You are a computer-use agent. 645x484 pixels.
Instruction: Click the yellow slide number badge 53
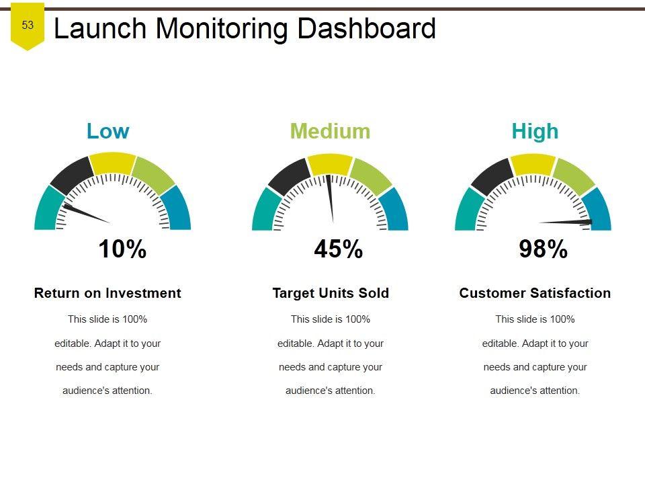click(28, 26)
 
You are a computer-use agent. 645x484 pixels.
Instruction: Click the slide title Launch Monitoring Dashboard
click(245, 29)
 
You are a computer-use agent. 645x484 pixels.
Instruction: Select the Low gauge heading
click(107, 131)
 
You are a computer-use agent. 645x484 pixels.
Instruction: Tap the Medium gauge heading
click(330, 131)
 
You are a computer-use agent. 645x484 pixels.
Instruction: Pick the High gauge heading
click(535, 131)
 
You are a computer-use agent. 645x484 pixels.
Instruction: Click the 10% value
click(122, 249)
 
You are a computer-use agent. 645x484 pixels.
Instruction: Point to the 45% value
click(339, 249)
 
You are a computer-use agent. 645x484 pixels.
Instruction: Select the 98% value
click(544, 249)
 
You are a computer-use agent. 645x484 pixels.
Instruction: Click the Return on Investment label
click(107, 293)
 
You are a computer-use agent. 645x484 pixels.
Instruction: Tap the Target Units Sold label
click(331, 293)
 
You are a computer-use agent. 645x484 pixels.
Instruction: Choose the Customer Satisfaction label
click(535, 293)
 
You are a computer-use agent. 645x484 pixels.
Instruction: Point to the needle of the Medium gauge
click(330, 198)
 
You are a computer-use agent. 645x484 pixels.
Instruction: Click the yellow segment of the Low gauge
click(112, 163)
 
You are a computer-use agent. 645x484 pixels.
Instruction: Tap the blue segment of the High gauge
click(597, 208)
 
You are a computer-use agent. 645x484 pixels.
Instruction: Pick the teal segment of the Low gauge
click(46, 208)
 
